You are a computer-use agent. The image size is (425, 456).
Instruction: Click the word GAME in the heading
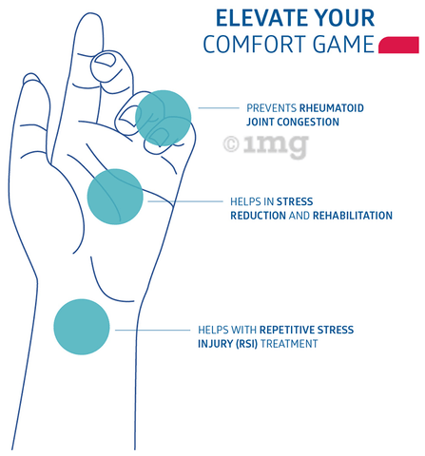point(343,44)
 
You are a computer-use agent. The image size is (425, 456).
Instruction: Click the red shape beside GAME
point(399,45)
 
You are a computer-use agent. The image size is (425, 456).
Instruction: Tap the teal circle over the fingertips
point(164,118)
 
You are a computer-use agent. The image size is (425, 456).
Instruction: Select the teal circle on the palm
point(115,197)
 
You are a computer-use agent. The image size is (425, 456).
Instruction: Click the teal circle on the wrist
point(82,327)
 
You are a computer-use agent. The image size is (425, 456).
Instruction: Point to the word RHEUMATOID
point(332,108)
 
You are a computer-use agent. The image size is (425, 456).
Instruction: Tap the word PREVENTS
point(272,108)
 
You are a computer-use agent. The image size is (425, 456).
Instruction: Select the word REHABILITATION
point(353,216)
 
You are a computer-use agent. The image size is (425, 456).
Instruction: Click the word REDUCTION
point(258,216)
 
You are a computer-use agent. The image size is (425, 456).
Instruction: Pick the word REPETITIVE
point(287,330)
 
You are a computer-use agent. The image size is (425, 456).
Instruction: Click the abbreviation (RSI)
point(246,344)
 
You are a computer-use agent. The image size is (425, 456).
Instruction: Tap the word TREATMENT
point(289,344)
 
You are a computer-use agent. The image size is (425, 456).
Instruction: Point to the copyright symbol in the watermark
point(231,143)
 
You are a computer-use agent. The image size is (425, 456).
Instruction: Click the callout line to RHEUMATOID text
point(219,108)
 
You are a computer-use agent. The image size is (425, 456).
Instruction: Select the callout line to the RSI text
point(152,330)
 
